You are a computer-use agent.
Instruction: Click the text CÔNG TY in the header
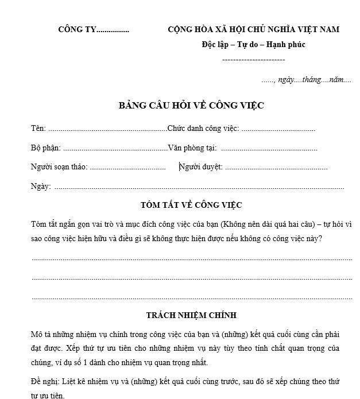77,30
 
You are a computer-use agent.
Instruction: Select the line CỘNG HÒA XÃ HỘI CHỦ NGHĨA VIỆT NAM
253,30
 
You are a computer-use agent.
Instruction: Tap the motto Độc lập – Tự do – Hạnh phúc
253,45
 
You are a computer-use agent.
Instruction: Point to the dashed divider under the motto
253,59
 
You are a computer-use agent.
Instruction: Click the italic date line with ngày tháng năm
306,80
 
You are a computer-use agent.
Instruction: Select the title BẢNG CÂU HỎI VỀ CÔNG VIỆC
191,106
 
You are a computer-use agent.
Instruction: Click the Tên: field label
38,129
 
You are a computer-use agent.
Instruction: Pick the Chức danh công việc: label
203,129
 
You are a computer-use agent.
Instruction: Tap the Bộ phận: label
45,148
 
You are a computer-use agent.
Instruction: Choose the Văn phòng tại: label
192,148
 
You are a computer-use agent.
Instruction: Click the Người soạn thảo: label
59,167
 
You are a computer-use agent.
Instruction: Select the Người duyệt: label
201,167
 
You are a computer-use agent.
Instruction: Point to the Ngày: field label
41,186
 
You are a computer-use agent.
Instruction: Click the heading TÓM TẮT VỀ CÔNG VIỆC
191,204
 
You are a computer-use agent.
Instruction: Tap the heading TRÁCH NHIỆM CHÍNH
191,315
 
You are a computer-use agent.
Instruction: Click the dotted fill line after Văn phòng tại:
269,149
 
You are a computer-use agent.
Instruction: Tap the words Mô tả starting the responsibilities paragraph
41,334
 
